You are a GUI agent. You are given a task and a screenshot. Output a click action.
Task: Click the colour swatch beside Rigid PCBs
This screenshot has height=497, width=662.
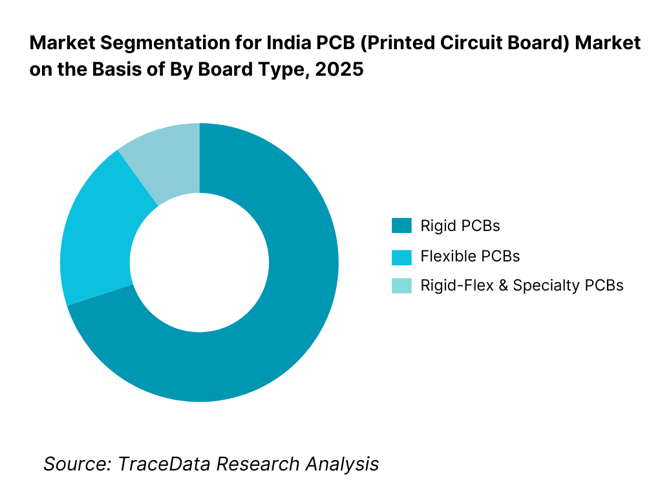[x=401, y=226]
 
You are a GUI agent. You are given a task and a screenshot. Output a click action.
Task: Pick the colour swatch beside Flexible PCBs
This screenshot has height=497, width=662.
[x=401, y=256]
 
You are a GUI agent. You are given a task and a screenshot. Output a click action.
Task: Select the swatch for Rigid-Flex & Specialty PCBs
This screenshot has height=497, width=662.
[x=401, y=285]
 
